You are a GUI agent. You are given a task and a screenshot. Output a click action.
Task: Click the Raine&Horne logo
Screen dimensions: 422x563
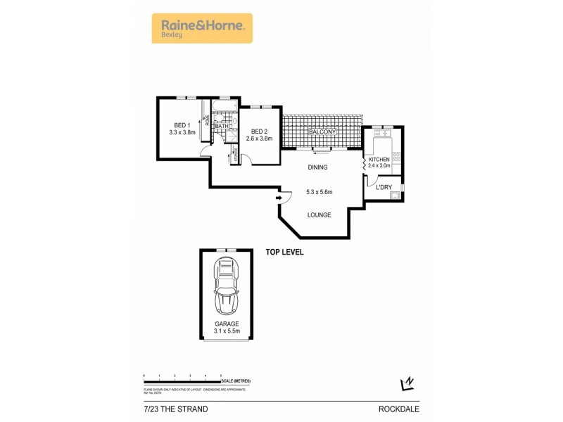pyautogui.click(x=201, y=28)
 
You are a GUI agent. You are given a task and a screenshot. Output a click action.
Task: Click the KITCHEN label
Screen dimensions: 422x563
pyautogui.click(x=379, y=160)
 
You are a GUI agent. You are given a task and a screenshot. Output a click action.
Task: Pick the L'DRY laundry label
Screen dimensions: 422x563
pyautogui.click(x=384, y=187)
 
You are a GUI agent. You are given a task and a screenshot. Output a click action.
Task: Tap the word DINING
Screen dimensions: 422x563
pyautogui.click(x=318, y=167)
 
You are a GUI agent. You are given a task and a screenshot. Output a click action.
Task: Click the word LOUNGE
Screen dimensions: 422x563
pyautogui.click(x=319, y=215)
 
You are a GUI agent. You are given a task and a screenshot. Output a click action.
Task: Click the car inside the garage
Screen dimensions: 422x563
pyautogui.click(x=226, y=286)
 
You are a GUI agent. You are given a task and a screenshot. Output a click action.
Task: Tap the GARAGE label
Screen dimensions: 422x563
pyautogui.click(x=227, y=325)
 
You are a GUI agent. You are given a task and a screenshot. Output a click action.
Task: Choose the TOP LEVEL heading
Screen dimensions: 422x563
pyautogui.click(x=284, y=252)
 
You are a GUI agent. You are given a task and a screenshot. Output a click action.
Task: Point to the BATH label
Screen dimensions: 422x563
pyautogui.click(x=221, y=126)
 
